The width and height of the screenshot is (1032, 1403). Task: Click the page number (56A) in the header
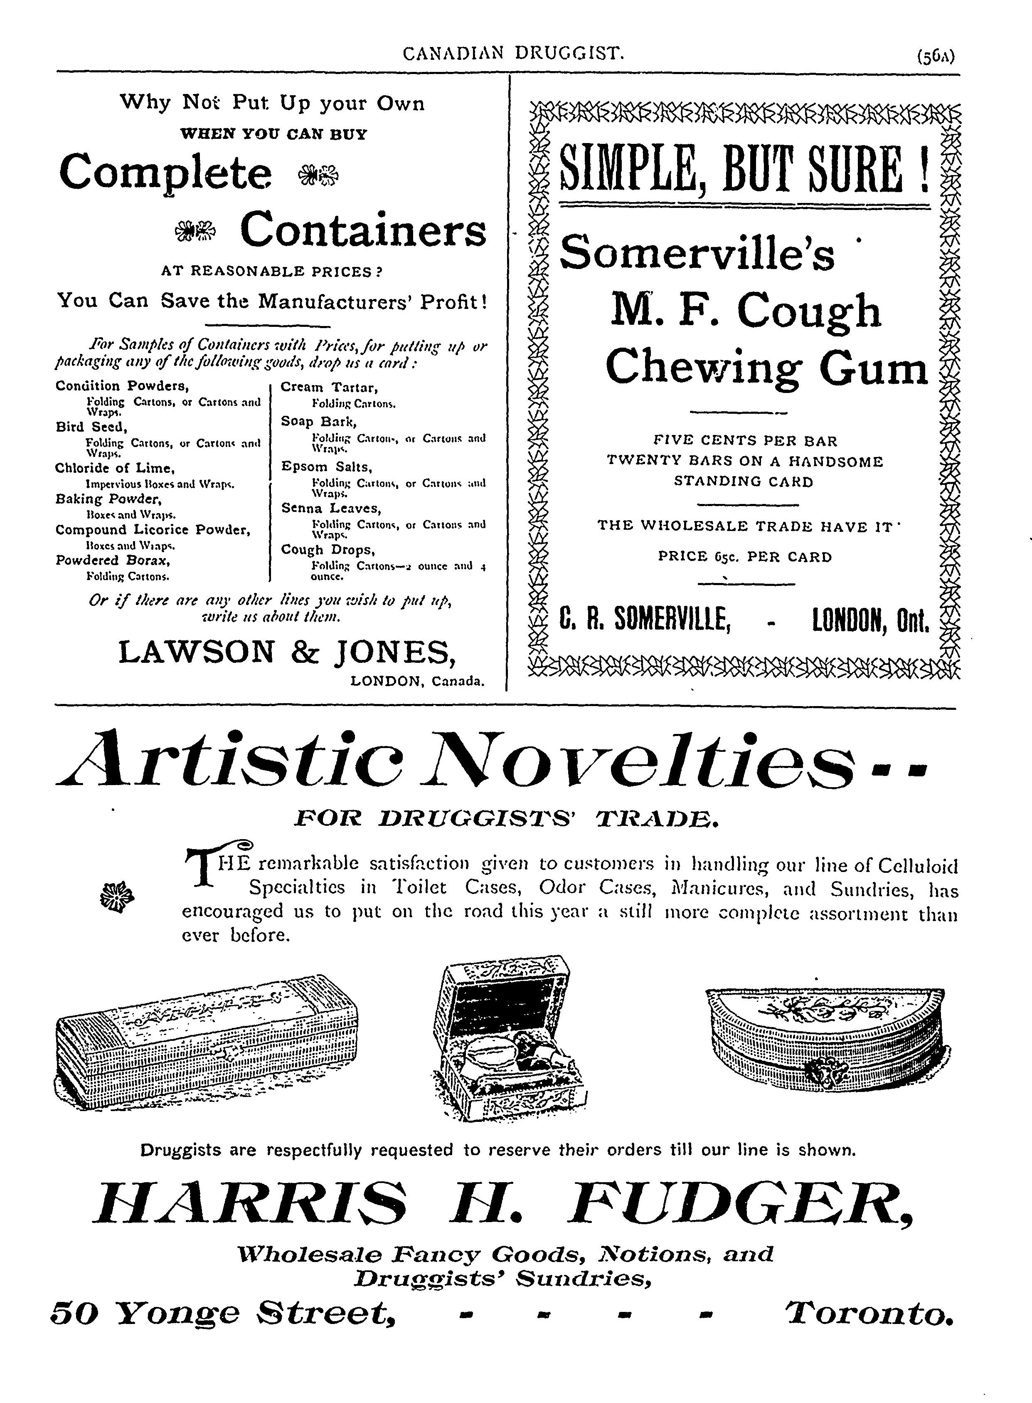coord(935,57)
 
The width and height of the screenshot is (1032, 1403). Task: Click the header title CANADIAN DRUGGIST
coord(513,54)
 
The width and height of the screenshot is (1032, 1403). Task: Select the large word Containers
coord(363,230)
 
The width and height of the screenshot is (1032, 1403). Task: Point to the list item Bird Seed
coord(91,427)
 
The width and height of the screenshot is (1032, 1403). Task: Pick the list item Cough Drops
coord(328,550)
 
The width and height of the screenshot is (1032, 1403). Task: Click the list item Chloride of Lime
coord(114,468)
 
